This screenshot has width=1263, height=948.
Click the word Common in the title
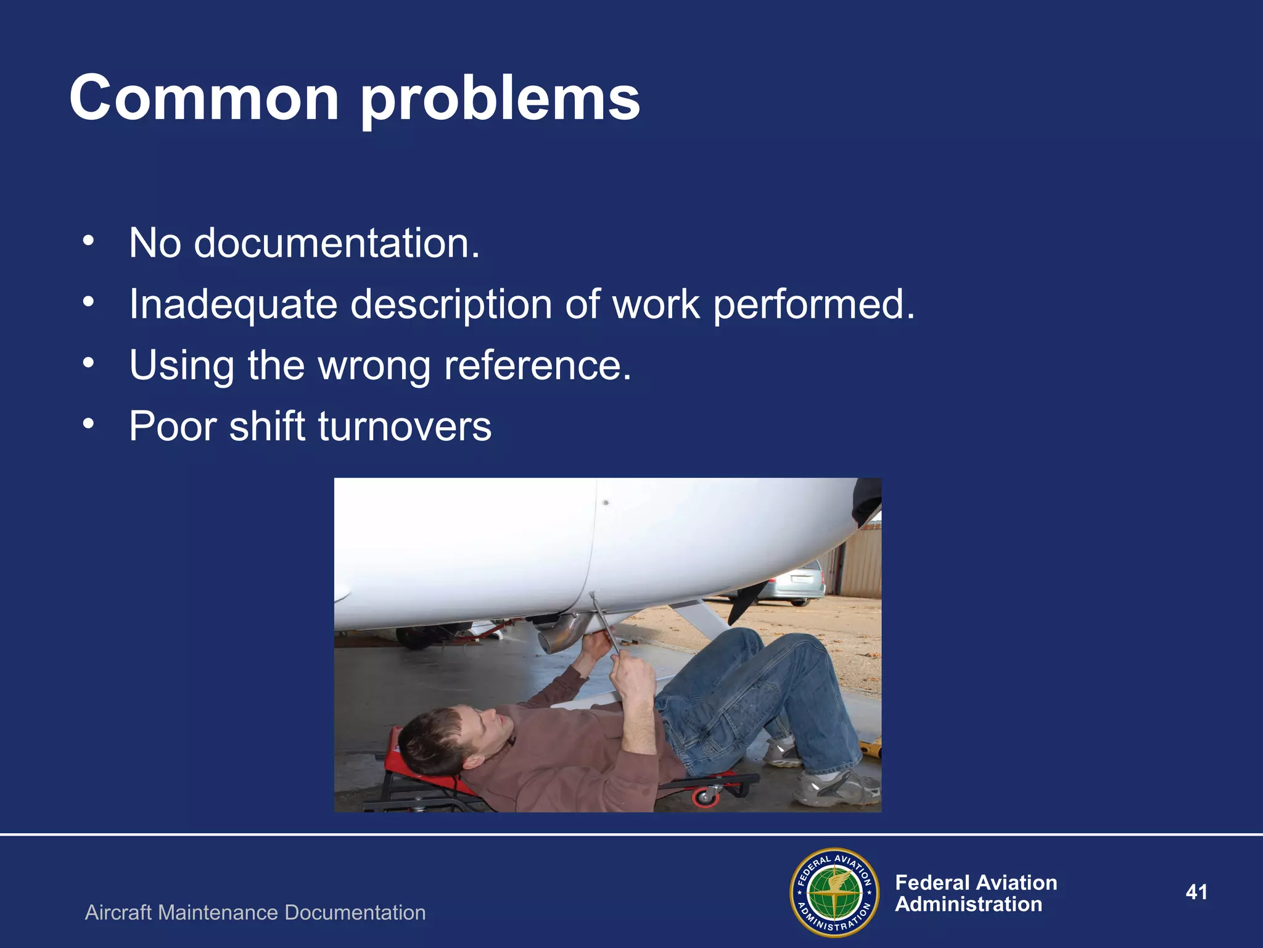[x=204, y=99]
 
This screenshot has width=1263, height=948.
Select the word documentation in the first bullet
[x=336, y=243]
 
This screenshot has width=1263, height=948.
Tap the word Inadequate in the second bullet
[x=233, y=305]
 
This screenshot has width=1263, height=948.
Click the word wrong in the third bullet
[x=374, y=366]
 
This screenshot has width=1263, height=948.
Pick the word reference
[x=538, y=366]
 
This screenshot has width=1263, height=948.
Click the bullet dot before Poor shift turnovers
[x=89, y=424]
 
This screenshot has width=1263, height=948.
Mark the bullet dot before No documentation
[x=89, y=241]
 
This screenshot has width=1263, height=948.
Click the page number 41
[x=1196, y=892]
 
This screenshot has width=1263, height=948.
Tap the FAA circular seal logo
[x=834, y=892]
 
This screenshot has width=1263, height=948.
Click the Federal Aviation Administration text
[x=976, y=893]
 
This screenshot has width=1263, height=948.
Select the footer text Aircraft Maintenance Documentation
[x=255, y=912]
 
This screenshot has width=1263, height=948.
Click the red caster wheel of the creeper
[x=704, y=797]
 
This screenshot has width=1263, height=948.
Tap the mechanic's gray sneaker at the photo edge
[x=839, y=790]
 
